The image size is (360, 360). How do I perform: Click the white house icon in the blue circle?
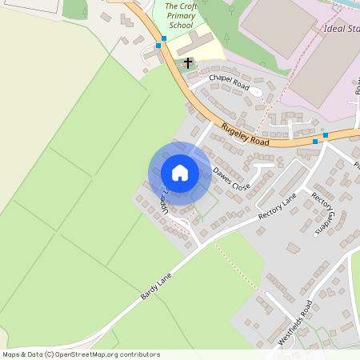(180, 173)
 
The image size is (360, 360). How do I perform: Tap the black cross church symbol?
(189, 62)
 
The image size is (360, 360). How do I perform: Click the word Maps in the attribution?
(12, 354)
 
